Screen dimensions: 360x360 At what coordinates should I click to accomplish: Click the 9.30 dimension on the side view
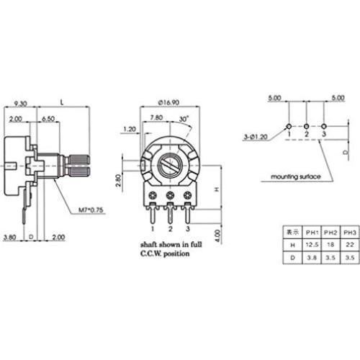pyautogui.click(x=20, y=104)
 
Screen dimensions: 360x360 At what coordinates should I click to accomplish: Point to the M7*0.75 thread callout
pyautogui.click(x=91, y=210)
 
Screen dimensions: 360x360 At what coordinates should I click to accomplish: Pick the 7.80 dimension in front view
pyautogui.click(x=156, y=117)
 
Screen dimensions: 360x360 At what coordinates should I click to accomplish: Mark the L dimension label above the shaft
pyautogui.click(x=62, y=104)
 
